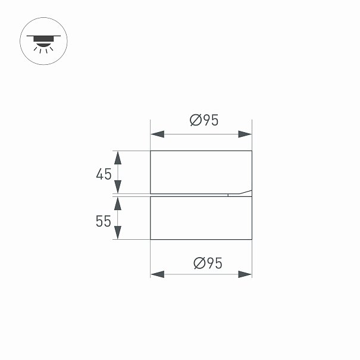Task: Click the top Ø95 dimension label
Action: [204, 120]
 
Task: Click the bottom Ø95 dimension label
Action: [208, 263]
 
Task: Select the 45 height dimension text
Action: [104, 174]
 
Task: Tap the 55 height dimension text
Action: [104, 221]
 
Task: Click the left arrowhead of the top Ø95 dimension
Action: [158, 134]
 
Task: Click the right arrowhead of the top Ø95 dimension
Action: [245, 134]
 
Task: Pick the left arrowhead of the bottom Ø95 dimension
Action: [158, 274]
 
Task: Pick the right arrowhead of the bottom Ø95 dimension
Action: [245, 274]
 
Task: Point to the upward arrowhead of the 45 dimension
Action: [118, 158]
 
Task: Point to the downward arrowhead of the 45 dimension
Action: [118, 187]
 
